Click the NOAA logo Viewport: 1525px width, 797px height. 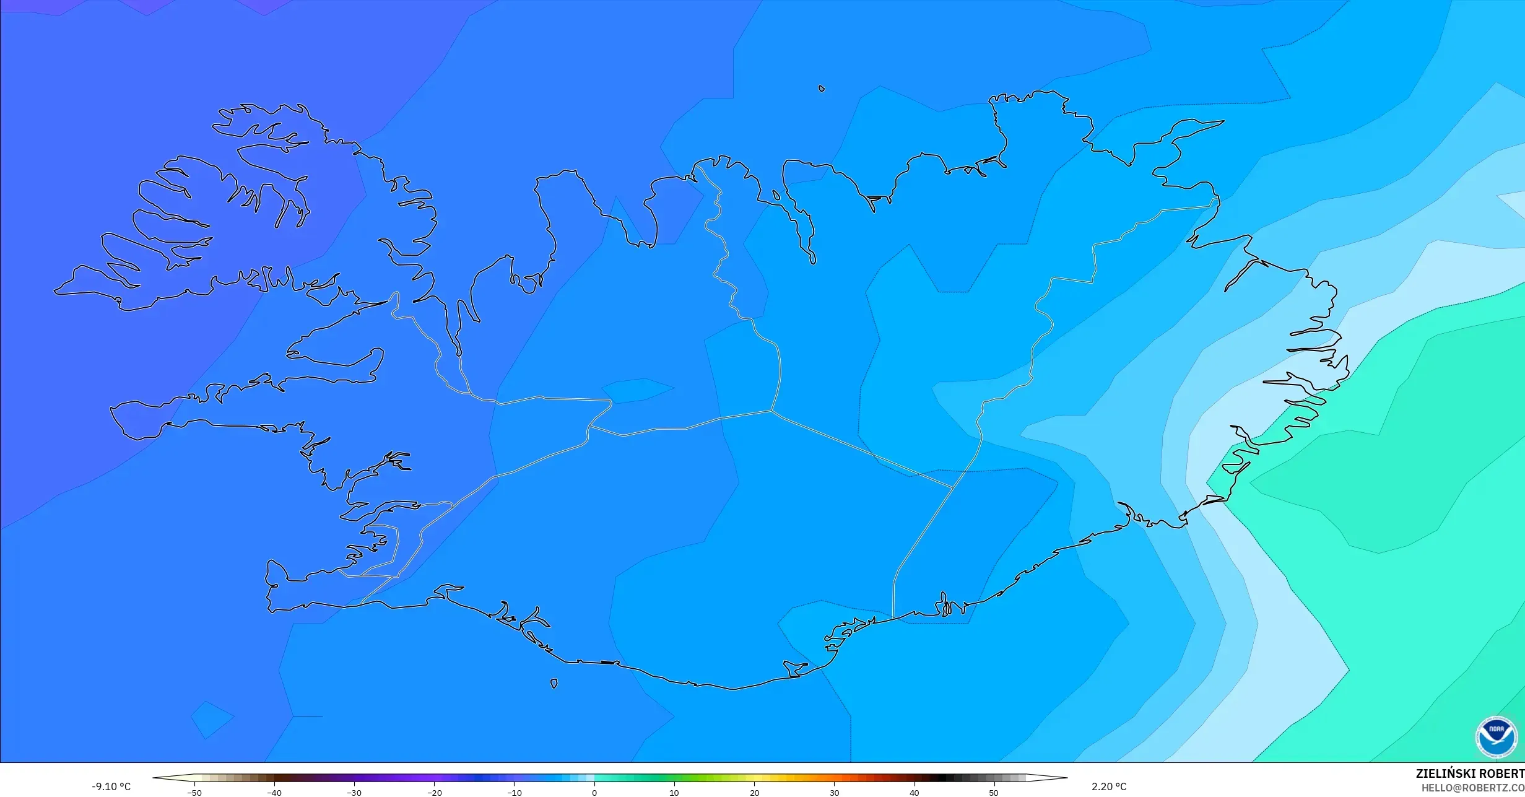point(1497,737)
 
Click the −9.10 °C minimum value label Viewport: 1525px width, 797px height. point(111,786)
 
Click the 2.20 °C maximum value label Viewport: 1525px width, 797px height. point(1108,786)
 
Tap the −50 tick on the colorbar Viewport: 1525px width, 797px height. point(194,793)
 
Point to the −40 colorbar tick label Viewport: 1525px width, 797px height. point(274,793)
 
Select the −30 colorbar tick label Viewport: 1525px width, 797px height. point(354,793)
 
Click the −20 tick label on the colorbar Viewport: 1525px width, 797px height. point(435,793)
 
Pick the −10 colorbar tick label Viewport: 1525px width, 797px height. point(515,793)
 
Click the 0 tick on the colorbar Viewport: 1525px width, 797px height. point(594,793)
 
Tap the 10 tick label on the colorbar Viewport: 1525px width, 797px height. point(674,793)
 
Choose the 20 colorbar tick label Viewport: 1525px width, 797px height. point(754,793)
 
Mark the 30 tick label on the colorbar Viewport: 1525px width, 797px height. point(834,793)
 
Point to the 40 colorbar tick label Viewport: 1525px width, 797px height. point(914,793)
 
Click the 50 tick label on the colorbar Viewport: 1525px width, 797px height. point(994,793)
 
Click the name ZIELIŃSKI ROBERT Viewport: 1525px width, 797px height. point(1470,773)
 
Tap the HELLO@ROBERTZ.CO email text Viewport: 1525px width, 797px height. point(1472,788)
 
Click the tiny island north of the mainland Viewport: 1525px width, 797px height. point(822,89)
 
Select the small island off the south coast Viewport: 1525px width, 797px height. point(554,684)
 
